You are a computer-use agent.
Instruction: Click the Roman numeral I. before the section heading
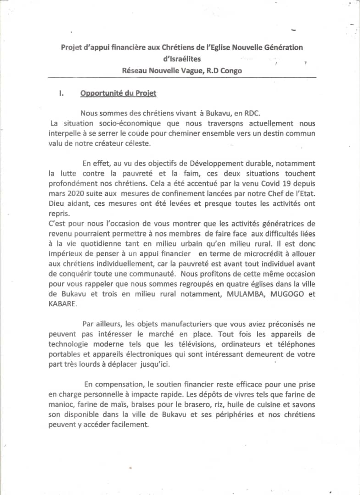coord(61,94)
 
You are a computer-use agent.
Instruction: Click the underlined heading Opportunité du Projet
coord(118,93)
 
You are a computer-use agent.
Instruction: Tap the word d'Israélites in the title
coord(182,59)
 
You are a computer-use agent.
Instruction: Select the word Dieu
coord(57,203)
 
